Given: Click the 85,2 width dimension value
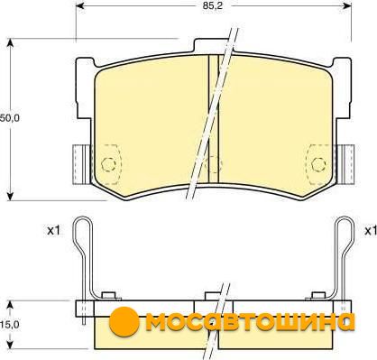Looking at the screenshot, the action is pos(213,5).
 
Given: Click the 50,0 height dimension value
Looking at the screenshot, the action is pos(9,118).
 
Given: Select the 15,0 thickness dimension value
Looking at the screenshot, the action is pos(9,324).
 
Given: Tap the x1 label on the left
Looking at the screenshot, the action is pos(54,231).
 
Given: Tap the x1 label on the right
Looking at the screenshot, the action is pos(371,231).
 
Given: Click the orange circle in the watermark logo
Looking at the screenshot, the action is pos(124,321).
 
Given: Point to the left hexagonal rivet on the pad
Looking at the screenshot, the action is pos(108,164).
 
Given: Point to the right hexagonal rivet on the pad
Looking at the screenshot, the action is pos(318,164).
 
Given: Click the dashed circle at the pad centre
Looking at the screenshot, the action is pos(213,164).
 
